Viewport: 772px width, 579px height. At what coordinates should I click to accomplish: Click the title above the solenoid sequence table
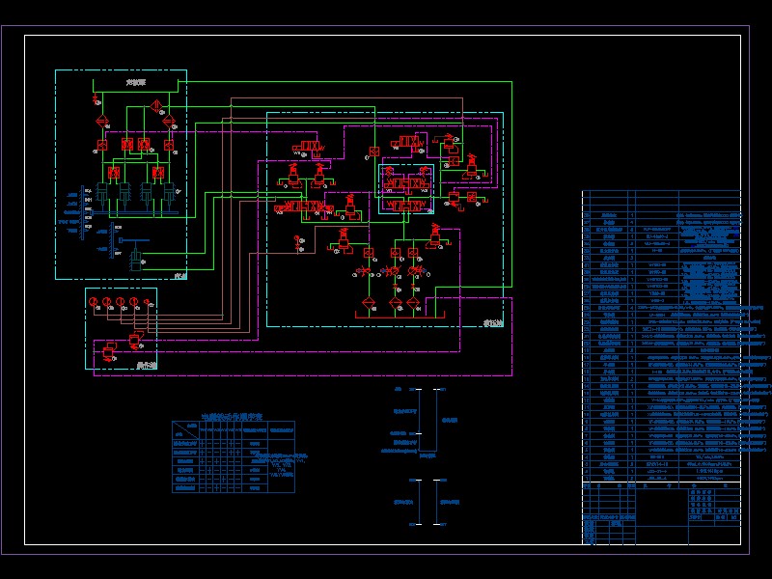pyautogui.click(x=233, y=416)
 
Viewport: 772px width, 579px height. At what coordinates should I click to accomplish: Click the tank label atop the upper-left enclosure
pyautogui.click(x=135, y=85)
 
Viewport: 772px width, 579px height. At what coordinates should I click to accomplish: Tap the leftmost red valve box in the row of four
pyautogui.click(x=100, y=144)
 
